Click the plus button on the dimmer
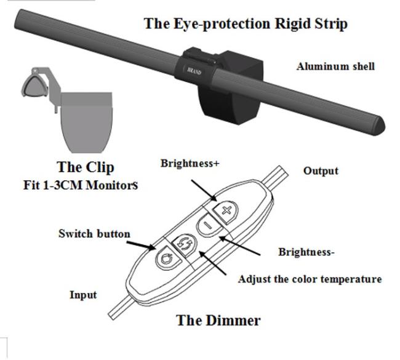[x=226, y=210]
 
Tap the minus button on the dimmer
[x=207, y=226]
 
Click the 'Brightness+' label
[x=190, y=164]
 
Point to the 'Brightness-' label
[x=306, y=252]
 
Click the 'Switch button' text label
[x=94, y=234]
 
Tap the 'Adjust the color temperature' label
[x=310, y=279]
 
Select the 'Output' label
[x=321, y=170]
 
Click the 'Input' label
[x=83, y=295]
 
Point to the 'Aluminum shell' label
[x=335, y=66]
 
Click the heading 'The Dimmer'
[x=218, y=320]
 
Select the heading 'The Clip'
[x=86, y=167]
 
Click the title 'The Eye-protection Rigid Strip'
[x=246, y=24]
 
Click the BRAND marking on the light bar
[x=194, y=71]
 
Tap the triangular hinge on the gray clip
[x=33, y=83]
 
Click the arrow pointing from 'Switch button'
[x=143, y=244]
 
